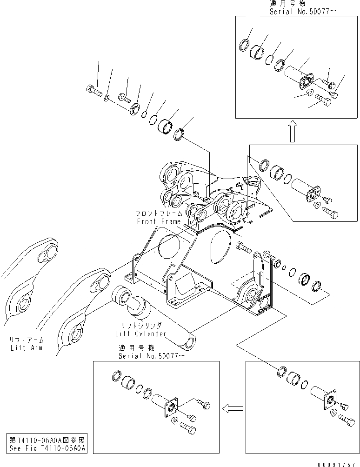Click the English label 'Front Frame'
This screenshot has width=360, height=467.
point(158,221)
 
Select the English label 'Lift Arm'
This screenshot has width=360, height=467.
point(26,347)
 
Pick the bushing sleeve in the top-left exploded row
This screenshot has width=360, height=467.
point(166,126)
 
